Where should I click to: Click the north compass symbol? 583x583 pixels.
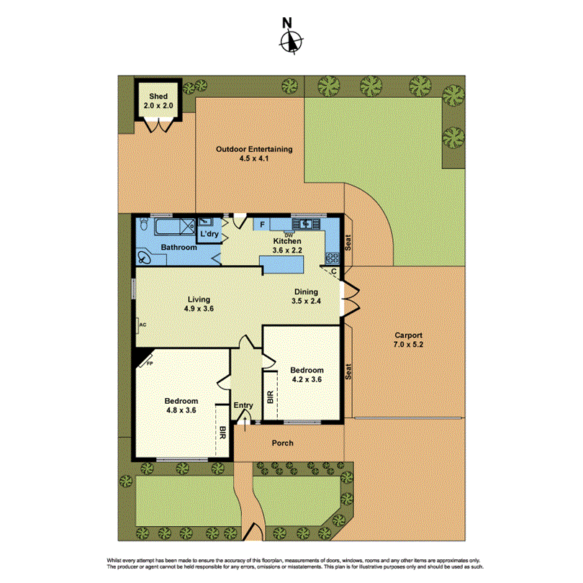pos(291,42)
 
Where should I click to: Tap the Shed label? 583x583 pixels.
pos(158,96)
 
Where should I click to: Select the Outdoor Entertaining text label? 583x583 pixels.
pos(254,150)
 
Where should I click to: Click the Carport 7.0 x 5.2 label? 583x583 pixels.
pos(408,340)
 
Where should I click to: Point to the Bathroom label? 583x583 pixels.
pos(178,248)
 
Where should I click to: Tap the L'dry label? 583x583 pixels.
pos(209,235)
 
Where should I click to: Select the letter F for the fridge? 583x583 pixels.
pos(262,225)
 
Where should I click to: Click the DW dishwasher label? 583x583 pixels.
pos(289,235)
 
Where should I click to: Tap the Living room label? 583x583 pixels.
pos(199,304)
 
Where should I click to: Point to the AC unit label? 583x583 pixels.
pos(143,325)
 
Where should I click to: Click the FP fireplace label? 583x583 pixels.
pos(150,363)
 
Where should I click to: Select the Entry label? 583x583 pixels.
pos(243,406)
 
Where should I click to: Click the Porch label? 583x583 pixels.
pos(283,443)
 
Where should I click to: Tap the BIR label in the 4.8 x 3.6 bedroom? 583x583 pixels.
pos(222,433)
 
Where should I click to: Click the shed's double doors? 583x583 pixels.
pos(158,126)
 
